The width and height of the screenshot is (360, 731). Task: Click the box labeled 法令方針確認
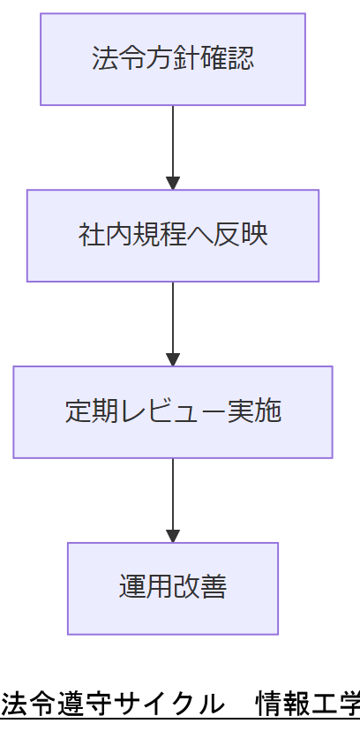point(173,59)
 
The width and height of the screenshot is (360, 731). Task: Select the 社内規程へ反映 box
point(173,236)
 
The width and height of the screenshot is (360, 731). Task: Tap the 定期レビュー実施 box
point(173,412)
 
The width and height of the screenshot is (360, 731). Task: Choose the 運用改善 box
point(173,589)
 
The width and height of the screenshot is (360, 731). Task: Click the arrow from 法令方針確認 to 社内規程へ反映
point(173,146)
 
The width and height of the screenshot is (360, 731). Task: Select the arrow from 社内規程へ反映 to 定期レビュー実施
point(173,322)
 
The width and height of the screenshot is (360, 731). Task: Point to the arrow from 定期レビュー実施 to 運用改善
point(173,499)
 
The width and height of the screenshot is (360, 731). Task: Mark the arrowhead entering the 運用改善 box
point(173,536)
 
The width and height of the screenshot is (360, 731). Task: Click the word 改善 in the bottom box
point(200,589)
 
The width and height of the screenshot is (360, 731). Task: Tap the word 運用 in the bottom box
point(146,589)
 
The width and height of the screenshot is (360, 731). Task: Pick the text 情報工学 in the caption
point(308,705)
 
